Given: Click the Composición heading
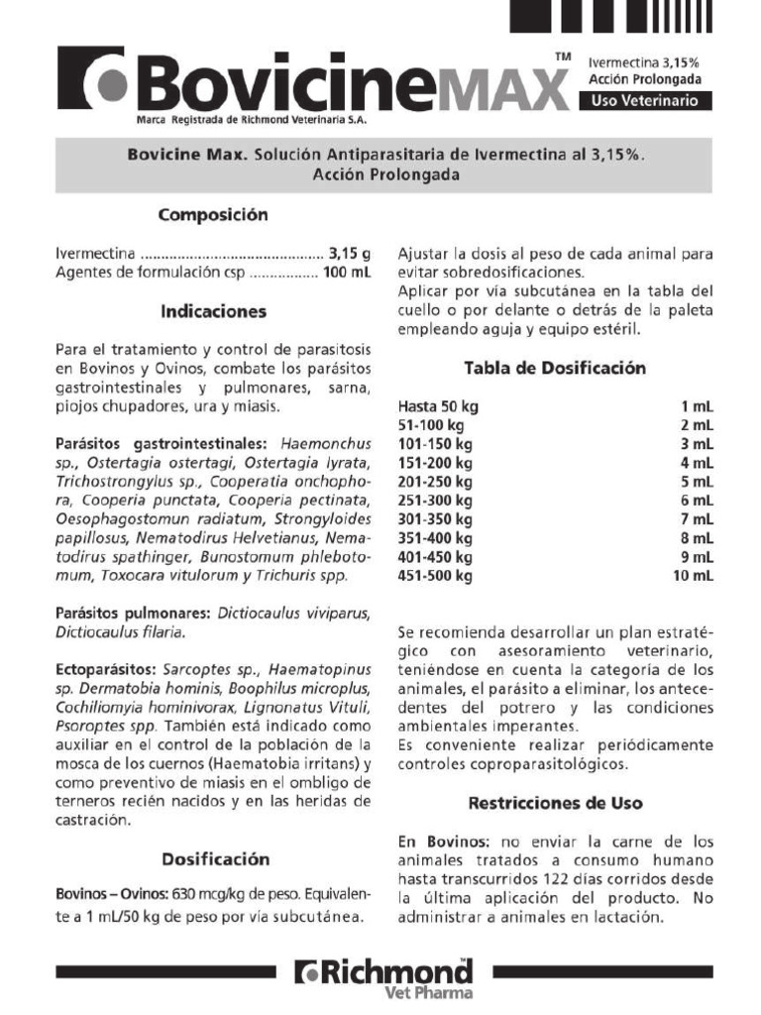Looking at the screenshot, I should pos(215,214).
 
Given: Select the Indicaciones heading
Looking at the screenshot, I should pos(215,311).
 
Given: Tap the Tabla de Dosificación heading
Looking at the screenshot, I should pos(555,368).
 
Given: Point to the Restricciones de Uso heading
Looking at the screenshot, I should pos(555,802).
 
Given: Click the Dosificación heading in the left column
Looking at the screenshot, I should pos(215,858).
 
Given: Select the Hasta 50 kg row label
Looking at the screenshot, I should pos(438,406).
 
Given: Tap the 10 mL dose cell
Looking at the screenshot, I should pos(694,575).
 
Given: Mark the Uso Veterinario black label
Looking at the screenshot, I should pos(645,101).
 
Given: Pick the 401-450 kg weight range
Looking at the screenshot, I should pos(435,557).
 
